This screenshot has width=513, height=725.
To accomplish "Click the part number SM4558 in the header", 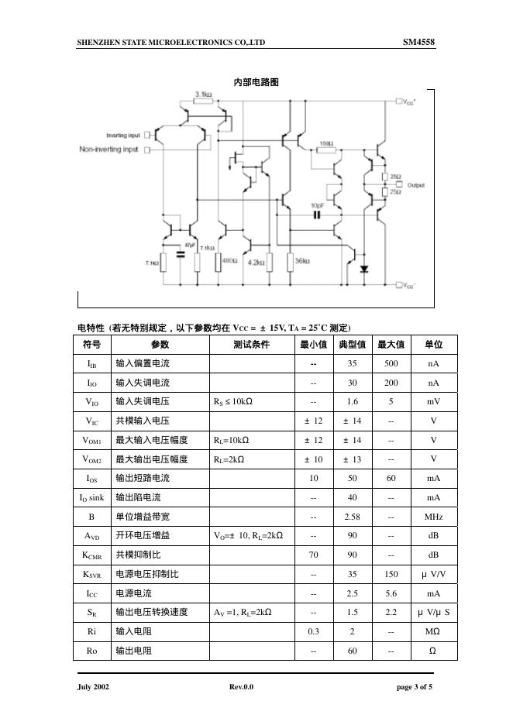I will click(x=418, y=42).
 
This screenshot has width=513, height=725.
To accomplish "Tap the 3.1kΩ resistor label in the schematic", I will click(x=204, y=94).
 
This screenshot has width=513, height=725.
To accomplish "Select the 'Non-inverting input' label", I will click(x=109, y=149).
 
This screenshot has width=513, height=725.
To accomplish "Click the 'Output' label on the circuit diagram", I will click(x=416, y=185).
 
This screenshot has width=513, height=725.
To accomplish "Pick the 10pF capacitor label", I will click(x=317, y=205).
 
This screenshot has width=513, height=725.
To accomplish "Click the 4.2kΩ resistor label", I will click(x=256, y=263).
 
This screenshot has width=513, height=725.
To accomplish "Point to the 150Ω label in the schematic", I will click(x=325, y=144).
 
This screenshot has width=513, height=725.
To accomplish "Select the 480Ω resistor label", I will click(x=229, y=262).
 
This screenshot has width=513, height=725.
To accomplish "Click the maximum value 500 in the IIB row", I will click(x=391, y=363).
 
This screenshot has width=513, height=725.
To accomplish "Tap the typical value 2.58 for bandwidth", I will click(x=353, y=517).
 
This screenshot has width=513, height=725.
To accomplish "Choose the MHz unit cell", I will click(x=433, y=517).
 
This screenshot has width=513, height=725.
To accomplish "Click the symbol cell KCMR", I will click(x=91, y=555).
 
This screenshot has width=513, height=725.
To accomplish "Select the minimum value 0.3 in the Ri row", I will click(x=314, y=632).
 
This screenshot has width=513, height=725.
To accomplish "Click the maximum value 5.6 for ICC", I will click(x=391, y=593).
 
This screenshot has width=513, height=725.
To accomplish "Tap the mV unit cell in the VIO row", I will click(x=433, y=402).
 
